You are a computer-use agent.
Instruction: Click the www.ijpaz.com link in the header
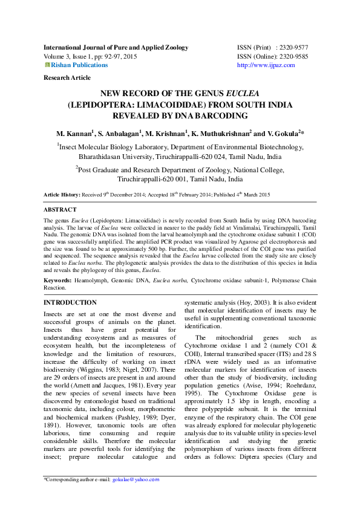click(266, 65)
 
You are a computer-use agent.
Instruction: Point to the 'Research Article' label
click(67, 78)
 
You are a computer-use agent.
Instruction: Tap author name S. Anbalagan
click(120, 133)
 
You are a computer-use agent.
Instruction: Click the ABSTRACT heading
click(61, 209)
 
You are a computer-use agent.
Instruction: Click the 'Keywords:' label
click(58, 281)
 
